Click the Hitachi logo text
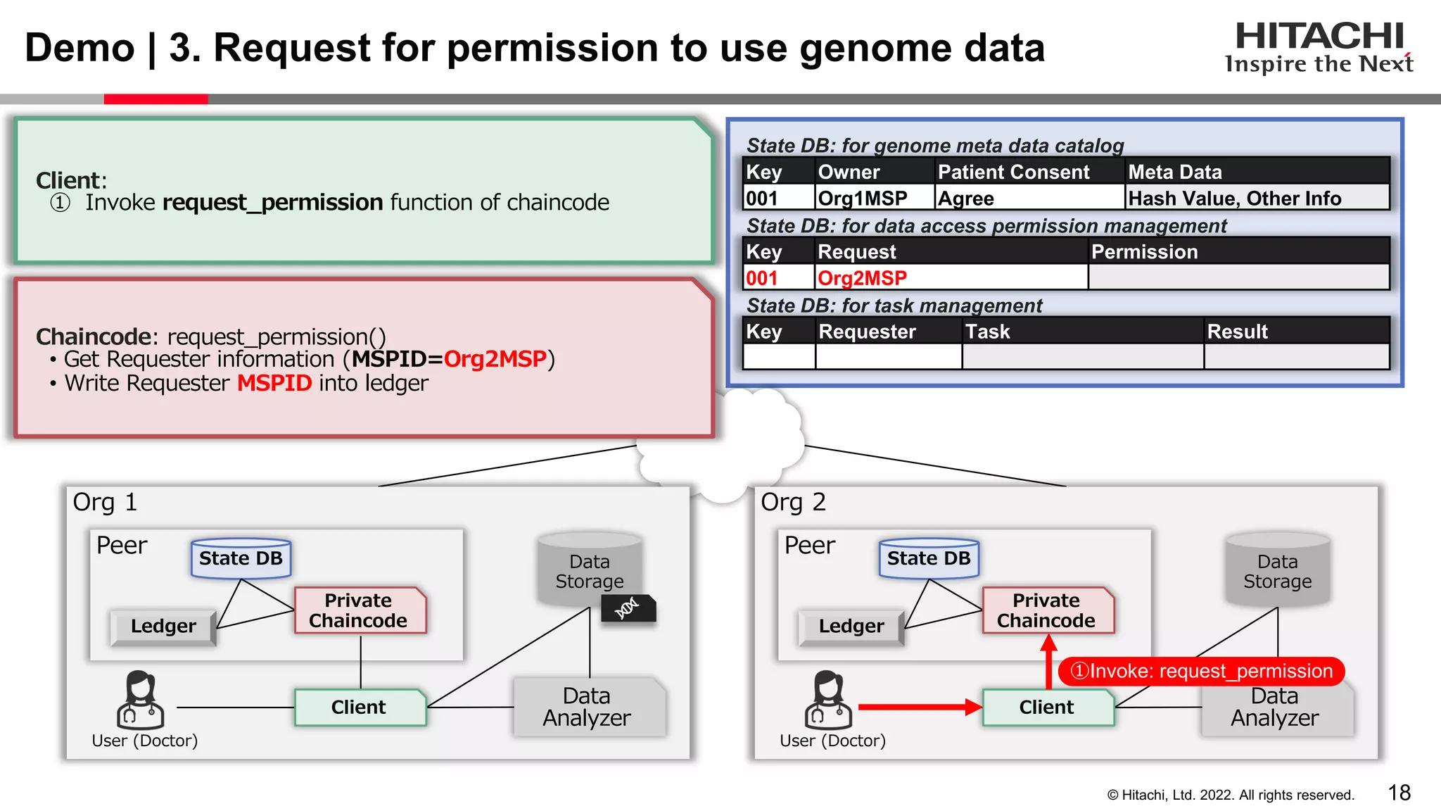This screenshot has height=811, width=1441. (1319, 37)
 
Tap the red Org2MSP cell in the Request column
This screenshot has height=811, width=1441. (862, 278)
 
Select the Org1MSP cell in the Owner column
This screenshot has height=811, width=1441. (862, 199)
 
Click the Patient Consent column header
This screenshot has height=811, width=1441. (1013, 172)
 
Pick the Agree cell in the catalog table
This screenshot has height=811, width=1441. (966, 199)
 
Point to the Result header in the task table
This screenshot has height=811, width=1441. (1237, 332)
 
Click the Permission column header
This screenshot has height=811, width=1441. (1144, 252)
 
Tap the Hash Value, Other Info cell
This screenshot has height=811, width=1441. (1234, 199)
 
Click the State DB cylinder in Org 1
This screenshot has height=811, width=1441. (241, 558)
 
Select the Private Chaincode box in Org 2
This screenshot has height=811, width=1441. (1046, 610)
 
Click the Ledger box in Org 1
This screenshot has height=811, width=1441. (163, 626)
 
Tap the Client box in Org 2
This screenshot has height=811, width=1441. (1046, 708)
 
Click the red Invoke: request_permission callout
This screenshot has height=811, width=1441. (1201, 671)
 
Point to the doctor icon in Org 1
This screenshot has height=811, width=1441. (140, 700)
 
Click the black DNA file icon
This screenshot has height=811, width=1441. (628, 608)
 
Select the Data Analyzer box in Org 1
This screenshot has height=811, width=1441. (587, 707)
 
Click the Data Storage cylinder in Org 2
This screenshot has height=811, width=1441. (1277, 570)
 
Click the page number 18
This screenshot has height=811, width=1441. (1399, 793)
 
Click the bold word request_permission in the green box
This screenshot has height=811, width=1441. (272, 203)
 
